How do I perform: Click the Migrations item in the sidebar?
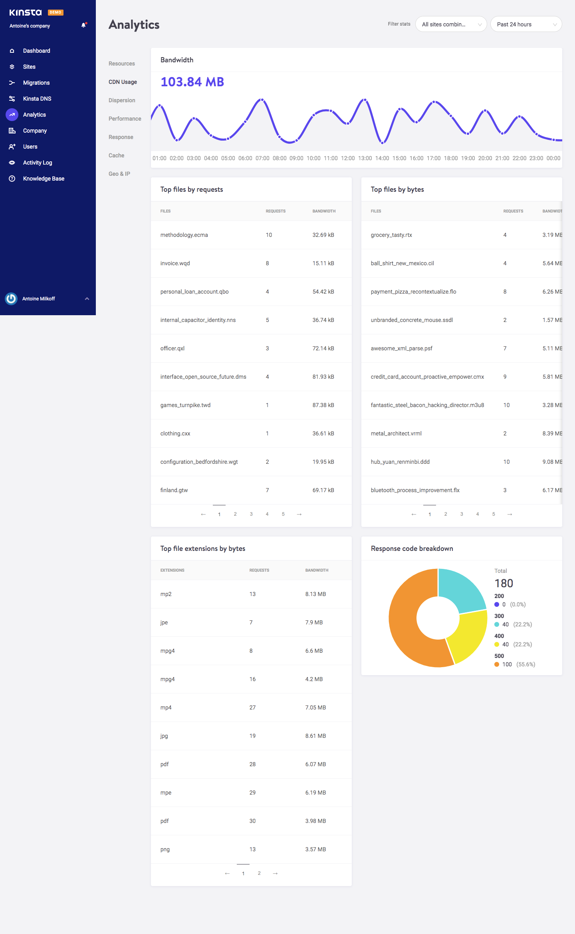36,83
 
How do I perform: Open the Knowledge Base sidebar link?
43,179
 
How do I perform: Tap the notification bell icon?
83,25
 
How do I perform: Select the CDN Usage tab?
123,82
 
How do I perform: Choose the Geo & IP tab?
119,174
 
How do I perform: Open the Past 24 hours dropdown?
525,24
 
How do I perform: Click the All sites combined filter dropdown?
450,24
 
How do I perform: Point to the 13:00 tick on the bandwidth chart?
365,158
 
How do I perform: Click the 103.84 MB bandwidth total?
192,82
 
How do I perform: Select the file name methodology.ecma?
184,235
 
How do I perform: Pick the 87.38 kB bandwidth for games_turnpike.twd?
323,405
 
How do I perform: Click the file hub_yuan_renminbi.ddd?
400,462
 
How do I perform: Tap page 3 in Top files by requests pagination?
251,514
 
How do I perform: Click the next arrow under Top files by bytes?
510,514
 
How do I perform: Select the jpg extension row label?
164,736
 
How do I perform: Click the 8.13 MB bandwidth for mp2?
315,594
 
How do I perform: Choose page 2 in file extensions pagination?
259,873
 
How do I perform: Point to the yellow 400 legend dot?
497,644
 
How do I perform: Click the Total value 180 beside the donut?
504,583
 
